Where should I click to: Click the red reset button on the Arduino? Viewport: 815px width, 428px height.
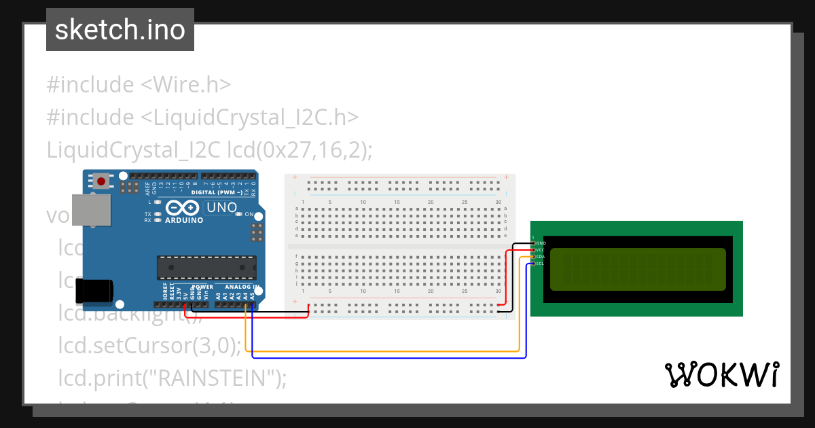click(x=102, y=181)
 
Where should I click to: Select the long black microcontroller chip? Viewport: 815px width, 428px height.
click(x=206, y=268)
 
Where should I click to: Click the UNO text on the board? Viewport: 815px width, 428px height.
click(x=221, y=207)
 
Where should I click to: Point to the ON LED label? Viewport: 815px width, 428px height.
click(x=249, y=214)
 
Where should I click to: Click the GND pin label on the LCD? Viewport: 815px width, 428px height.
click(x=541, y=243)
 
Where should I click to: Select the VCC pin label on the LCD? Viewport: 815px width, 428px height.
click(x=541, y=249)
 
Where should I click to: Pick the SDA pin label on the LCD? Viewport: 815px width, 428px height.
click(x=541, y=257)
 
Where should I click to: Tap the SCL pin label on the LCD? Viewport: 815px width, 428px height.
click(x=541, y=264)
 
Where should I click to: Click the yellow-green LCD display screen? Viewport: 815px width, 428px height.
click(x=637, y=269)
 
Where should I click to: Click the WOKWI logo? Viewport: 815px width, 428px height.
click(x=721, y=374)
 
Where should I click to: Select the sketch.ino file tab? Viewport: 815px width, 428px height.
click(x=120, y=30)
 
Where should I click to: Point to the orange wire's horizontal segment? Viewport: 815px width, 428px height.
click(x=380, y=351)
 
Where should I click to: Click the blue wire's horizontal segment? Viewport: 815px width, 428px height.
click(x=387, y=357)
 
